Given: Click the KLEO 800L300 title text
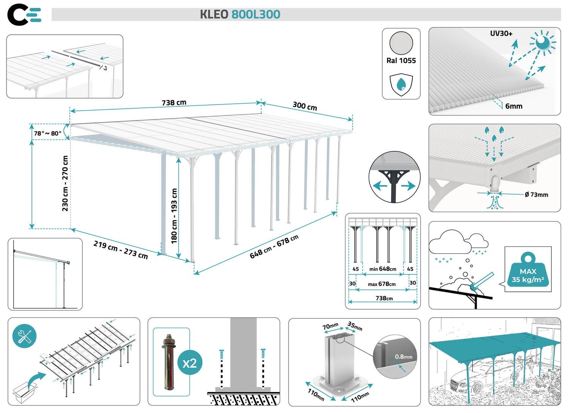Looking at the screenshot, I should [x=240, y=14].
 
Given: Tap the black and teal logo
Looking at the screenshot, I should [x=24, y=15].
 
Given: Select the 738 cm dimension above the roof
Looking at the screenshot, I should [x=174, y=103].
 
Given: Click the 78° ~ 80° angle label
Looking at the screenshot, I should [x=47, y=133].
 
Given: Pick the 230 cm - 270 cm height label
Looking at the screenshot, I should [x=65, y=183].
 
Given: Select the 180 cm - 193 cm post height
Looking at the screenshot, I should [x=174, y=215].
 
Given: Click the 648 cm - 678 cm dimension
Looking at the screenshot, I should [x=273, y=247].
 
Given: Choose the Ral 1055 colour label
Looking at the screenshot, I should [x=401, y=60].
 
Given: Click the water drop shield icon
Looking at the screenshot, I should [x=401, y=84].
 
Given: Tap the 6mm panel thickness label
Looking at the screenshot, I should [x=514, y=106].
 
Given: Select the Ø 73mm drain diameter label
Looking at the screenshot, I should [x=536, y=195].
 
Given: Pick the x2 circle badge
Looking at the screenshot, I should [x=190, y=363].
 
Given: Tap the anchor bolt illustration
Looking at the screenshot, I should [x=168, y=362].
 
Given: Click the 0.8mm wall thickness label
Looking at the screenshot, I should [x=404, y=357].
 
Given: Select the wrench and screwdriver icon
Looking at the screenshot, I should [x=25, y=336].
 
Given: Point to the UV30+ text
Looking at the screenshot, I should [x=501, y=33].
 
